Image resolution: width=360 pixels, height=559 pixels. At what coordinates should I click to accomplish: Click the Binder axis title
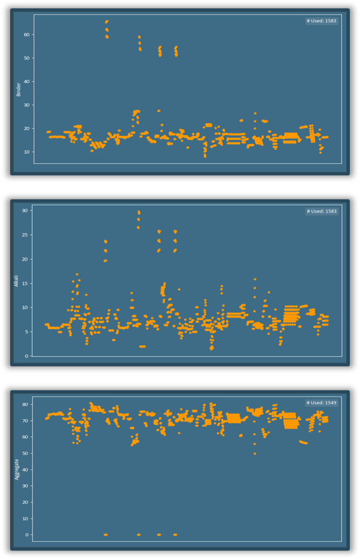19,89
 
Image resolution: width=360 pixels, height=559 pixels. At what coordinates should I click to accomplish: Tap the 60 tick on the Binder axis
27,34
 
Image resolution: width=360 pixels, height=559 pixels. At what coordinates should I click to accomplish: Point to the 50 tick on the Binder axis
27,58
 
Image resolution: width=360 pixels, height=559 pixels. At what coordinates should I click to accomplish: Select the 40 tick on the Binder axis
27,81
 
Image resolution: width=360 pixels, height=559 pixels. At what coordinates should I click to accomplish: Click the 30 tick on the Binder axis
27,104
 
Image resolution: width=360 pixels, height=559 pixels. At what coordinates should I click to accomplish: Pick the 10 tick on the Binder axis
27,151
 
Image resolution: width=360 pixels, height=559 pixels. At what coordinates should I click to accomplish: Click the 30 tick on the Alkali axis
25,210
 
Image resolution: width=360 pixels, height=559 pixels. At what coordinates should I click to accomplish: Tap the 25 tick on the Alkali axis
25,234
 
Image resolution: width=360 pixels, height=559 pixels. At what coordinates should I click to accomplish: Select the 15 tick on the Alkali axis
25,283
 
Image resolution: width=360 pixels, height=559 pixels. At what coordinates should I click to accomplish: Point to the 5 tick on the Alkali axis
26,331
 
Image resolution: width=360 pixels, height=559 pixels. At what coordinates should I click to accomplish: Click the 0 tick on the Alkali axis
26,356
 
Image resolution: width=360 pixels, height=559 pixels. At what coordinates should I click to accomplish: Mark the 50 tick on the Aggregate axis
25,453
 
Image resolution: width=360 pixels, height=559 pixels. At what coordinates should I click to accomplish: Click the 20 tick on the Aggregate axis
25,502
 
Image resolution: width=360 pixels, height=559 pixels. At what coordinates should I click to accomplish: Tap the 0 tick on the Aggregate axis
26,534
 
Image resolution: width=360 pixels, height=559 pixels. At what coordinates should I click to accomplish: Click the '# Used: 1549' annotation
322,402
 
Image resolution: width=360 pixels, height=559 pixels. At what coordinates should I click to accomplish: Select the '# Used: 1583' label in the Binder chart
322,21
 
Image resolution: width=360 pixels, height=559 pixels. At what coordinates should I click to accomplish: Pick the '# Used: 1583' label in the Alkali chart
322,211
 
